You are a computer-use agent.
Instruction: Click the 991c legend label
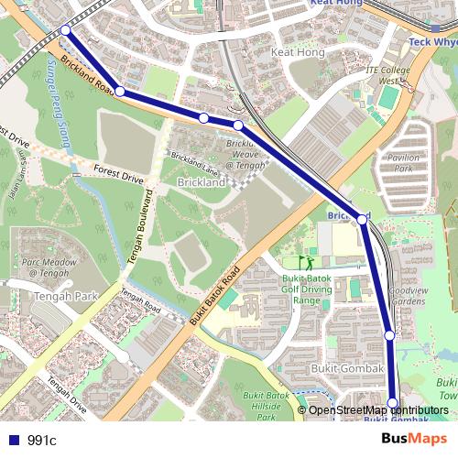(x=42, y=441)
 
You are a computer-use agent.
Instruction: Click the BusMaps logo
(x=414, y=440)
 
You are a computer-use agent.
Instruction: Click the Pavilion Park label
(x=401, y=163)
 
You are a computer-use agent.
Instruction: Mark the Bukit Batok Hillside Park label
(x=267, y=401)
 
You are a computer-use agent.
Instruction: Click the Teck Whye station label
(x=431, y=42)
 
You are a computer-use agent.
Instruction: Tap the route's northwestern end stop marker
(x=65, y=30)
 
